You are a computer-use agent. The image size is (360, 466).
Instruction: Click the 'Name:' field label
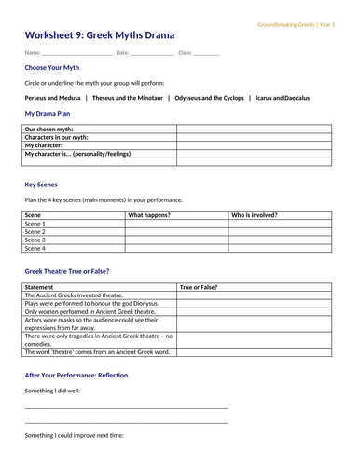coord(33,53)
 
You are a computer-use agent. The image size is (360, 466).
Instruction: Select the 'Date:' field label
coord(123,53)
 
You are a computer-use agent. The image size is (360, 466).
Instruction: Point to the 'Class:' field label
coord(185,53)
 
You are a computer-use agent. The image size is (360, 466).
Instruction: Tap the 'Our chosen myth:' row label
coord(50,129)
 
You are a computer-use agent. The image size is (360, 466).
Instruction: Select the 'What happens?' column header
coord(149,215)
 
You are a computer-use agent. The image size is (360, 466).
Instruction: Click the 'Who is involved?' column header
coord(255,215)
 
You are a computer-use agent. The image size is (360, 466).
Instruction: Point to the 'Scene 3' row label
coord(35,240)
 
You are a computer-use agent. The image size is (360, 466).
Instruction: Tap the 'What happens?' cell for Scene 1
coord(176,224)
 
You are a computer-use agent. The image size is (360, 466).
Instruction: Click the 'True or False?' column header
coord(199,287)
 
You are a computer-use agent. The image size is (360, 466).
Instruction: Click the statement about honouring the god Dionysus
coord(91,304)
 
